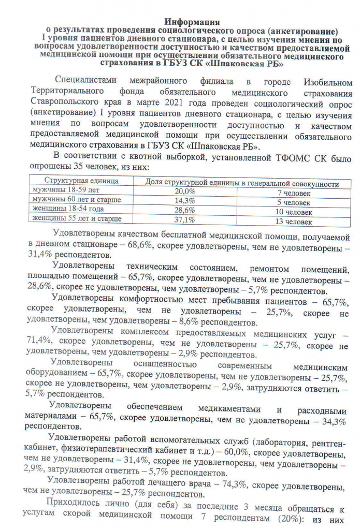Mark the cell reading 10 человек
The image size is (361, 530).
pyautogui.click(x=294, y=212)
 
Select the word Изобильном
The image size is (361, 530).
pyautogui.click(x=321, y=81)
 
